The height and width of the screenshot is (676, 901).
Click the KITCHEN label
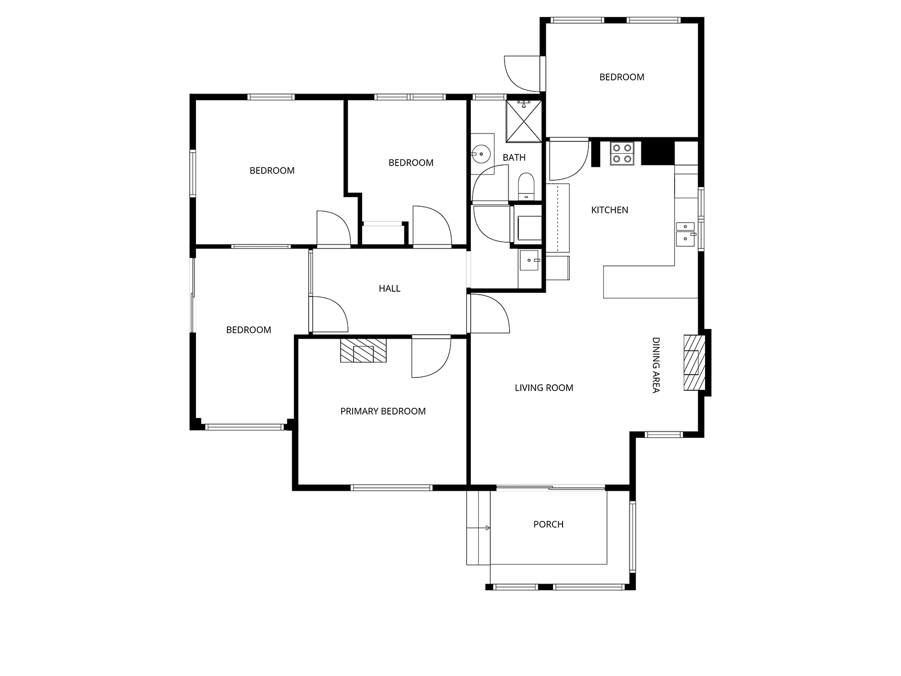[x=609, y=210]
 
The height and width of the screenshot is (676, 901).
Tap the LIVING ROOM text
[x=544, y=388]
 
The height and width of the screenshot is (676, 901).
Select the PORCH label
[x=548, y=524]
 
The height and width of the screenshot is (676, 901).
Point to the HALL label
[x=389, y=288]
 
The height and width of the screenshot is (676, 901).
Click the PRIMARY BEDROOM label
[x=383, y=411]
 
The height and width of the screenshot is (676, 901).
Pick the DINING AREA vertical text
[x=655, y=365]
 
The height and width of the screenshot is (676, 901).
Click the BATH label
[x=514, y=157]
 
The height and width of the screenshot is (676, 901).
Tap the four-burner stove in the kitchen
[x=622, y=153]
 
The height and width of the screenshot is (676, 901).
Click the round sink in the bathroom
[x=481, y=154]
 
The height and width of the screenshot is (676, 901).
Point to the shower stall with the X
[x=524, y=122]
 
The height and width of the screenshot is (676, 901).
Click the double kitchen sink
[x=685, y=234]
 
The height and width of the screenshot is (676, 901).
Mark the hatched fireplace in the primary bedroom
[x=363, y=350]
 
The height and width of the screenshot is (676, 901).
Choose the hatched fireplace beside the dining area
[x=694, y=363]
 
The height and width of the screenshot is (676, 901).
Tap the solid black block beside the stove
[x=658, y=153]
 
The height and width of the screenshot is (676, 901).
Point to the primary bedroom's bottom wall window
[x=391, y=488]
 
